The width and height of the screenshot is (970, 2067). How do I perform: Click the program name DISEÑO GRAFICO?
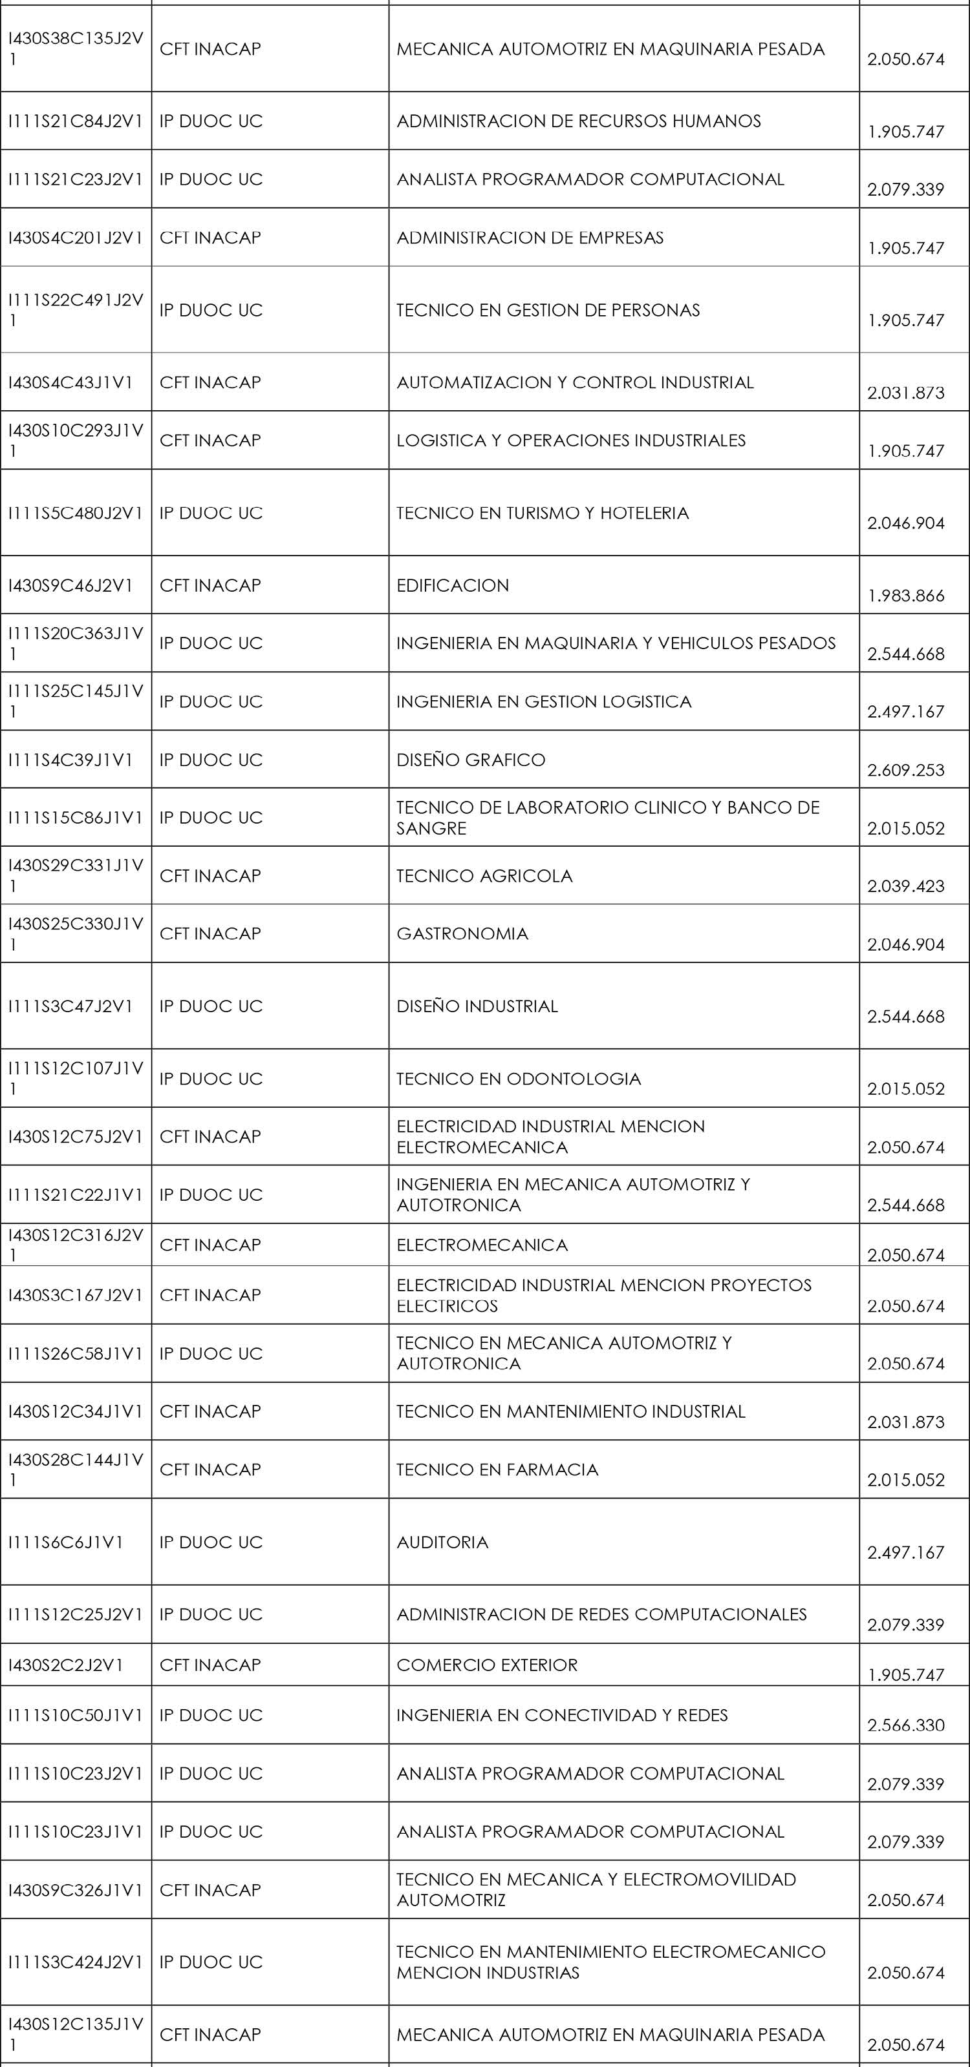471,760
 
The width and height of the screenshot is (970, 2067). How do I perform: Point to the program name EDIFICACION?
453,586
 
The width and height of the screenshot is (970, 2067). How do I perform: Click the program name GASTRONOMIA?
462,934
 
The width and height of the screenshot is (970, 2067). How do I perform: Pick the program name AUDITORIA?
442,1542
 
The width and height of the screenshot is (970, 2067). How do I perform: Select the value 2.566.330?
906,1726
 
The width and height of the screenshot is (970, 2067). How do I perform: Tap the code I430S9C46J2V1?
70,586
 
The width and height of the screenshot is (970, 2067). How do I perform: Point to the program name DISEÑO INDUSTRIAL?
477,1006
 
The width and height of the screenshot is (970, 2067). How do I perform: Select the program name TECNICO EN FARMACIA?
497,1470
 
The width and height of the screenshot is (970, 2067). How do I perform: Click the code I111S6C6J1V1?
66,1542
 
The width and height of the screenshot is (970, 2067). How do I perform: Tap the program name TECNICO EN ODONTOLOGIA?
519,1079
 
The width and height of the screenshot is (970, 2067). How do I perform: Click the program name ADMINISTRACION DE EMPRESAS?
530,238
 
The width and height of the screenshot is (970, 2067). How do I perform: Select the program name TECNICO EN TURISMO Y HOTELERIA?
543,514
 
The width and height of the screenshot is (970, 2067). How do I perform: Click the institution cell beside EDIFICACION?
210,586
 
